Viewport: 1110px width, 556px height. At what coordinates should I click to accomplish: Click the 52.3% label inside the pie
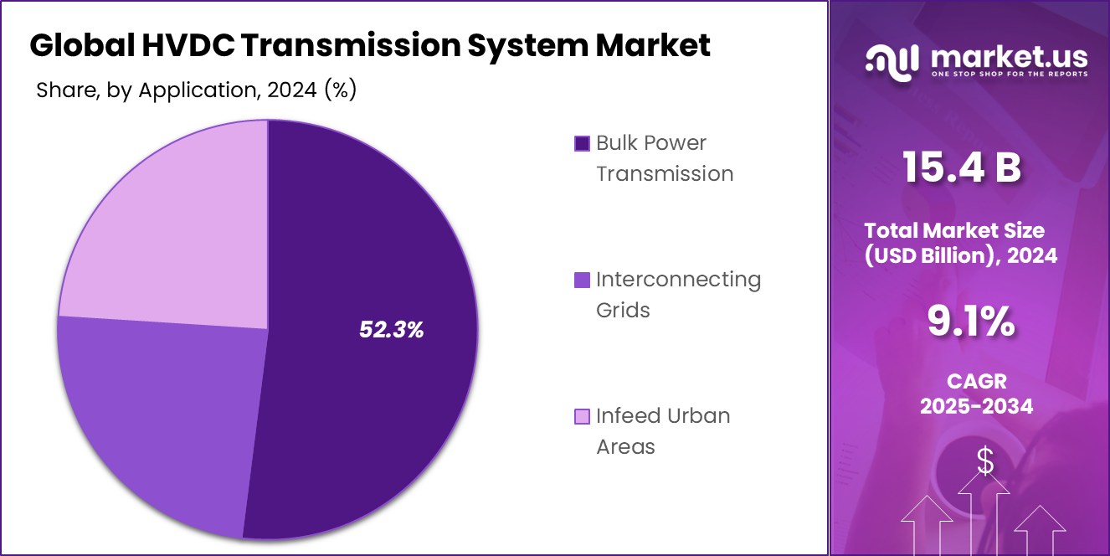[x=392, y=330]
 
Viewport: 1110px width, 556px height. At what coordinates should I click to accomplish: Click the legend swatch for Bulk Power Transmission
[x=582, y=144]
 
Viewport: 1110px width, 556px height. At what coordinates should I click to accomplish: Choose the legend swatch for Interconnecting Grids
[x=582, y=281]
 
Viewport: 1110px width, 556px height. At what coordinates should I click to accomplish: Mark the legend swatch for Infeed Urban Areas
[x=582, y=417]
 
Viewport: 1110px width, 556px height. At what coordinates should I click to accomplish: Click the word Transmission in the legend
[x=665, y=174]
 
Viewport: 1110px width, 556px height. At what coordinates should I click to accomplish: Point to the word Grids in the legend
[x=623, y=311]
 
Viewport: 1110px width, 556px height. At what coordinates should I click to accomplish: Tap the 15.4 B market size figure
[x=961, y=167]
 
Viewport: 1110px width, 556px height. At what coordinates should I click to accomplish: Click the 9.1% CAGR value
[x=971, y=322]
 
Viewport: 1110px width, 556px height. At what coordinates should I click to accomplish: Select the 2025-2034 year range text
[x=976, y=407]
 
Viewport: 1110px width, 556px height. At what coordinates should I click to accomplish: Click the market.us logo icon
[x=892, y=59]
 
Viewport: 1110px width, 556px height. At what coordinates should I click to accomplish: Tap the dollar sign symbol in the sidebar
[x=985, y=461]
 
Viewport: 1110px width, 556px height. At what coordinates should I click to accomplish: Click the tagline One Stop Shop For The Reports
[x=1010, y=75]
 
